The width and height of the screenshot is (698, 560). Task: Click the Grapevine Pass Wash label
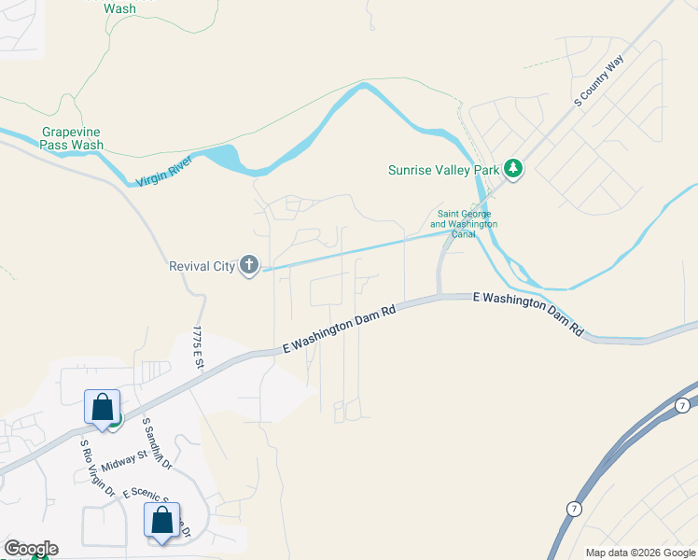tap(72, 138)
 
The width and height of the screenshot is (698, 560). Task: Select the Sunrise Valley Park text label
tap(442, 170)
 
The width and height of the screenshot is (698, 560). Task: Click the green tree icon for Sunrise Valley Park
tap(511, 169)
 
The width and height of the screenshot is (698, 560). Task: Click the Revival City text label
tap(201, 266)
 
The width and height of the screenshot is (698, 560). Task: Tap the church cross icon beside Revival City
tap(248, 266)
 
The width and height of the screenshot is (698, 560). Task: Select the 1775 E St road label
tap(198, 348)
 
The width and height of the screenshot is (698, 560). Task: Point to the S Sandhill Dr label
tap(157, 442)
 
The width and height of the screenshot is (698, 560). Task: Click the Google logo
tap(30, 549)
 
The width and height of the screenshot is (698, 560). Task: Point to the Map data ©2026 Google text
tap(638, 553)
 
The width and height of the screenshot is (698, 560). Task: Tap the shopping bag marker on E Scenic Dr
tap(161, 522)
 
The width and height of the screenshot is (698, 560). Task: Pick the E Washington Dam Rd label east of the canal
tap(527, 312)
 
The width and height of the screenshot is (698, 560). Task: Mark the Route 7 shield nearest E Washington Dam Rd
tap(683, 404)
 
